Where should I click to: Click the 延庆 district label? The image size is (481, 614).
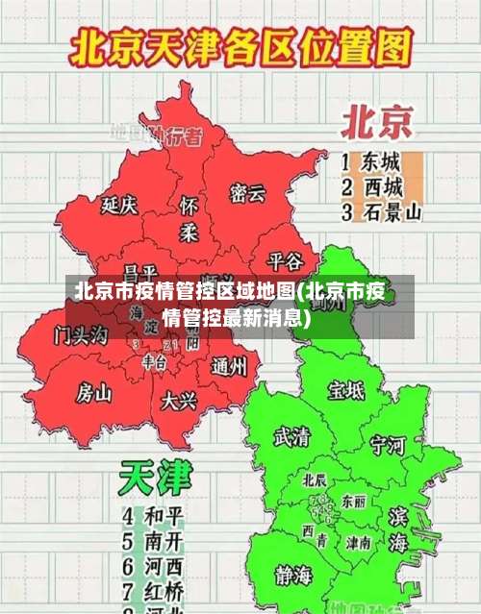coord(120,205)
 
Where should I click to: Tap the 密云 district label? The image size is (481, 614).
coord(247,193)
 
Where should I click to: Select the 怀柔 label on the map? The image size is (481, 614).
coord(190,219)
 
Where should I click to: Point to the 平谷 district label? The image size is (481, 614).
coord(285,260)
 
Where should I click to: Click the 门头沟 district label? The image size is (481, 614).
coord(81,335)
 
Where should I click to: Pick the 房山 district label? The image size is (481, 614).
coord(94,392)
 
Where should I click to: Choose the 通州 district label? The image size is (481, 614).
coord(229,365)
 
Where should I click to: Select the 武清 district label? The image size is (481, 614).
coord(292,437)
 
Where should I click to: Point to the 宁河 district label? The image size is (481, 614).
coord(388,445)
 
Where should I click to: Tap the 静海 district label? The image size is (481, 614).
coord(294,576)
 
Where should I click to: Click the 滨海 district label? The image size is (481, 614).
coord(397,530)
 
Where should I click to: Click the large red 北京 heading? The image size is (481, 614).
coord(377,122)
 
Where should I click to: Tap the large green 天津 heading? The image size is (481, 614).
coord(155,477)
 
